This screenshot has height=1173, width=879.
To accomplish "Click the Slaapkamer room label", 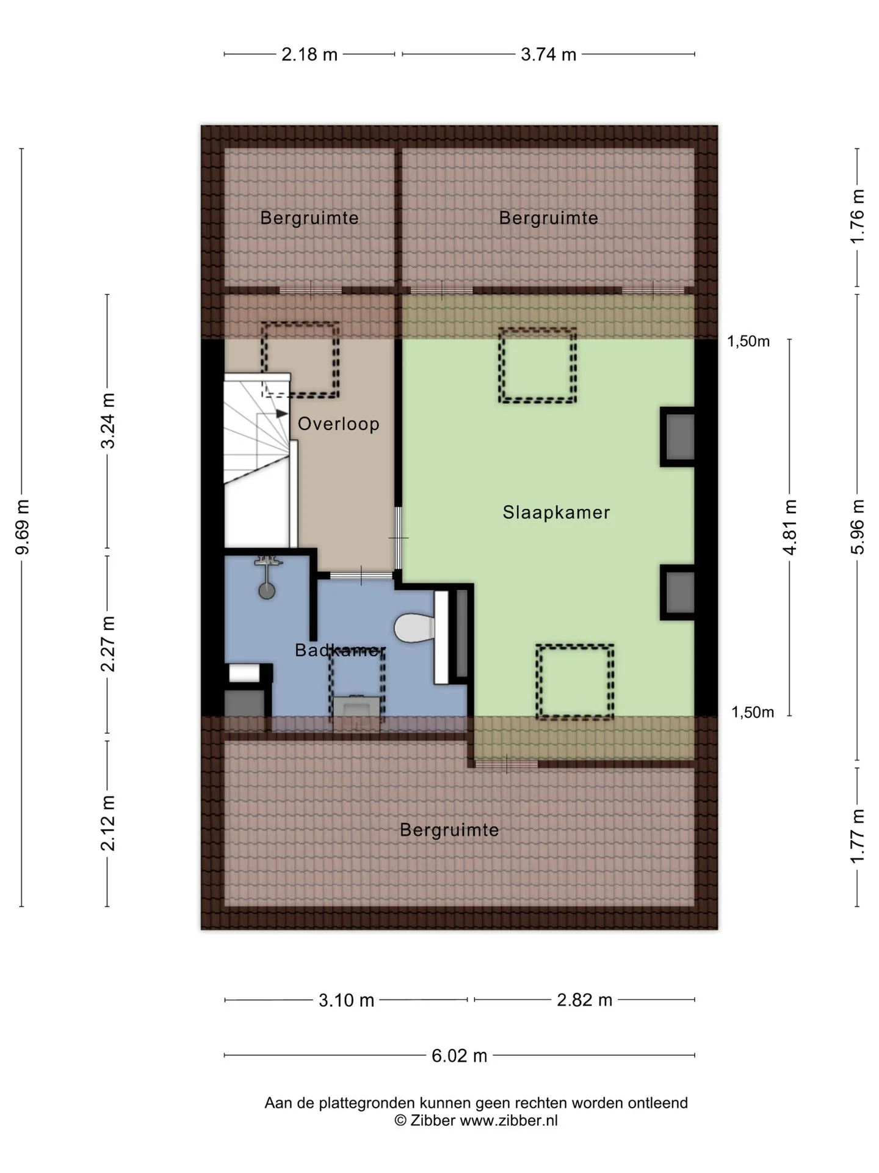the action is click(x=556, y=512).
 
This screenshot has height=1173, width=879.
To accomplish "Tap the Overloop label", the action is click(x=339, y=423).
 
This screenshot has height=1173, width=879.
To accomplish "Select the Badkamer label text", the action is click(x=340, y=650).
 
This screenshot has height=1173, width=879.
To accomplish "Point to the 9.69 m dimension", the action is click(x=23, y=527).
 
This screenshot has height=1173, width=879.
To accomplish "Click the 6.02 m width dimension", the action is click(x=460, y=1055).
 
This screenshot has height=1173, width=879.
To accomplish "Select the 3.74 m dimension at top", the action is click(x=549, y=54).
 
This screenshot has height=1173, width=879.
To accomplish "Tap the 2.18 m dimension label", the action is click(x=309, y=54).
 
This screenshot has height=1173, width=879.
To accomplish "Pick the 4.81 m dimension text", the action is click(x=790, y=527).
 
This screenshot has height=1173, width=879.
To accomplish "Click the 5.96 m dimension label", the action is click(x=858, y=527).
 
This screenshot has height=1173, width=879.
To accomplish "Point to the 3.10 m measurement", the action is click(x=346, y=1000).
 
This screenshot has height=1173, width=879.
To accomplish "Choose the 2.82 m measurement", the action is click(x=585, y=1000).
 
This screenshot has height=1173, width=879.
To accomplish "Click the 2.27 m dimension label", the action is click(x=108, y=644).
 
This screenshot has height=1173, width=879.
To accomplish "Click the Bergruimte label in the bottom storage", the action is click(x=449, y=830).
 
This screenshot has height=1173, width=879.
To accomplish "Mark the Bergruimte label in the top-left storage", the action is click(x=309, y=217).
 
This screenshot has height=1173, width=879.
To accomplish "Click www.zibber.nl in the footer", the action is click(x=508, y=1120).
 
